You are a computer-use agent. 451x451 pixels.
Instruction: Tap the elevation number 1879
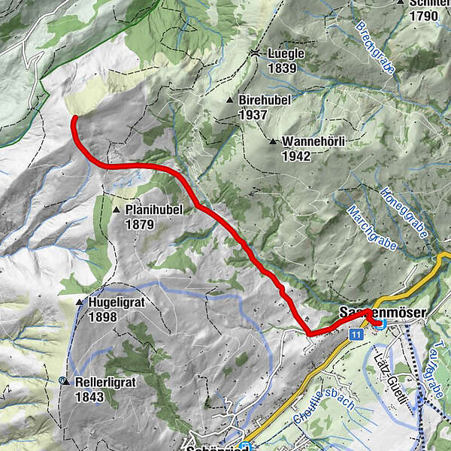pyautogui.click(x=140, y=224)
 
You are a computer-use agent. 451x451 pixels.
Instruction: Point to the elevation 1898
pyautogui.click(x=102, y=317)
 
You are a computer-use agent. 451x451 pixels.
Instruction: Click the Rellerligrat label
pyautogui.click(x=105, y=382)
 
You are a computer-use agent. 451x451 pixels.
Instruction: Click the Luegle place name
pyautogui.click(x=284, y=55)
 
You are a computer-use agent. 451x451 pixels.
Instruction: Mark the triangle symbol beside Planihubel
pyautogui.click(x=117, y=210)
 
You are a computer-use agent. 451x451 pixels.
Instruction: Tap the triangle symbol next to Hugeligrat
pyautogui.click(x=80, y=302)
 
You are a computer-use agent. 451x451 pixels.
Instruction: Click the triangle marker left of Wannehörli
pyautogui.click(x=273, y=141)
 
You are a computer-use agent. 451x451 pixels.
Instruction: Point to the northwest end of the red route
pyautogui.click(x=74, y=118)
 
